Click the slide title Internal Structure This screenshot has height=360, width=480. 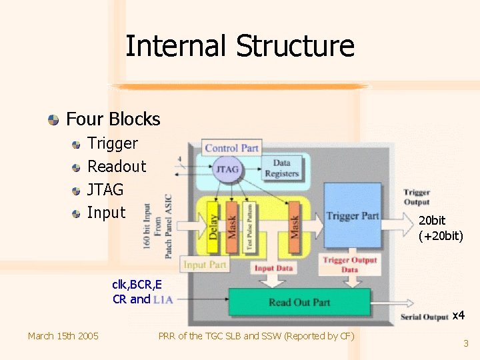pos(239,47)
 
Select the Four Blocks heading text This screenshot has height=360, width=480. pos(113,119)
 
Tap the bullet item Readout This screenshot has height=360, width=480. pos(117,166)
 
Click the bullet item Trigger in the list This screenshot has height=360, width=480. pos(113,143)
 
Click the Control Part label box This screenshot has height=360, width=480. pos(231,148)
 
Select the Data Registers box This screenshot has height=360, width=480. pos(282,168)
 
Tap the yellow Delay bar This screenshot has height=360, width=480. pos(213,225)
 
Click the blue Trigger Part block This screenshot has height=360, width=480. pos(352,215)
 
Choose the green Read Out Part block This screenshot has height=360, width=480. pos(299,302)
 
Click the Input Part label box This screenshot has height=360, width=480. pos(205,265)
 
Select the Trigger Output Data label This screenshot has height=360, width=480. pos(350,265)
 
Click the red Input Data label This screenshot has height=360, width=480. pos(273,268)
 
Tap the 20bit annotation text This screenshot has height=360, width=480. pos(432,221)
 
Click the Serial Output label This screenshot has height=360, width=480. pos(424,317)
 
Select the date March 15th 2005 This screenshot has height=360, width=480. pos(63,335)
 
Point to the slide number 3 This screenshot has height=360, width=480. pos(466,343)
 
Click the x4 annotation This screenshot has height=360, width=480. pos(458,315)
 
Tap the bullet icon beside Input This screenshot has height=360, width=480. pos(77,213)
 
